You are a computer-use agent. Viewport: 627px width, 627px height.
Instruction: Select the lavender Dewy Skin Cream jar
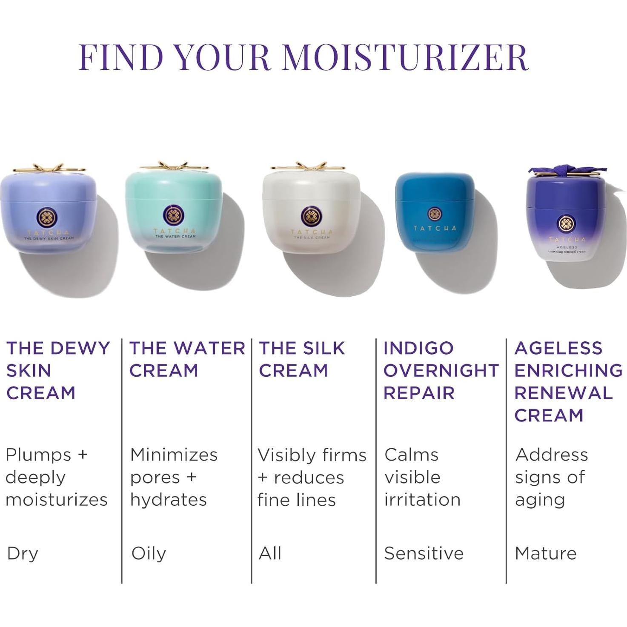[48, 211]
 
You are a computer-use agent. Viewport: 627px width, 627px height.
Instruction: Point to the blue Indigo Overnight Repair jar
[435, 213]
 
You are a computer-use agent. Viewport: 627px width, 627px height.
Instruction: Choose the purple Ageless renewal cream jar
[566, 221]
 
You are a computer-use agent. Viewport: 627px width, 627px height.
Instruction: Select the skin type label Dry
[23, 553]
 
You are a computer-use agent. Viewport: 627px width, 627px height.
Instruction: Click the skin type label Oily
[149, 553]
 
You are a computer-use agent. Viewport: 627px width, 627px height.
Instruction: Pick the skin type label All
[270, 553]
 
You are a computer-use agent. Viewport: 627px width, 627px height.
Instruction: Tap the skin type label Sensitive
[424, 553]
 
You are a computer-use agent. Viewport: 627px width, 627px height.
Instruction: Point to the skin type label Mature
[545, 553]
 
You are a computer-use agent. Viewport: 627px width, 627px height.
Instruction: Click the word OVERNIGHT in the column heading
[441, 371]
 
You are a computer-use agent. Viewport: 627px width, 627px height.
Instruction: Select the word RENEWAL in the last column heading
[563, 393]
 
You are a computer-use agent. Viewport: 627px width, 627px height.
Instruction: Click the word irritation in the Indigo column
[422, 500]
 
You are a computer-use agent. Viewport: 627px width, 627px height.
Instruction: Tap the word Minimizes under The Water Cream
[174, 455]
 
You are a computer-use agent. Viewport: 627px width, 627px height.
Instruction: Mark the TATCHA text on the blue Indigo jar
[435, 228]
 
